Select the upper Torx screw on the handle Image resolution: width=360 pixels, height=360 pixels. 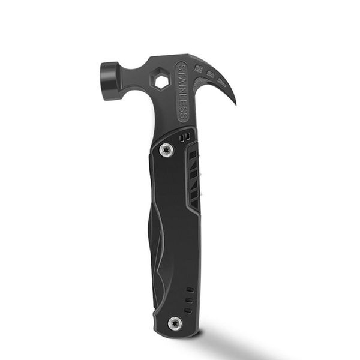point(166,150)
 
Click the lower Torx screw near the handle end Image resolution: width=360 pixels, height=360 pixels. point(175,322)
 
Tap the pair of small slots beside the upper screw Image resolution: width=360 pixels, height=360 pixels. point(187,138)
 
